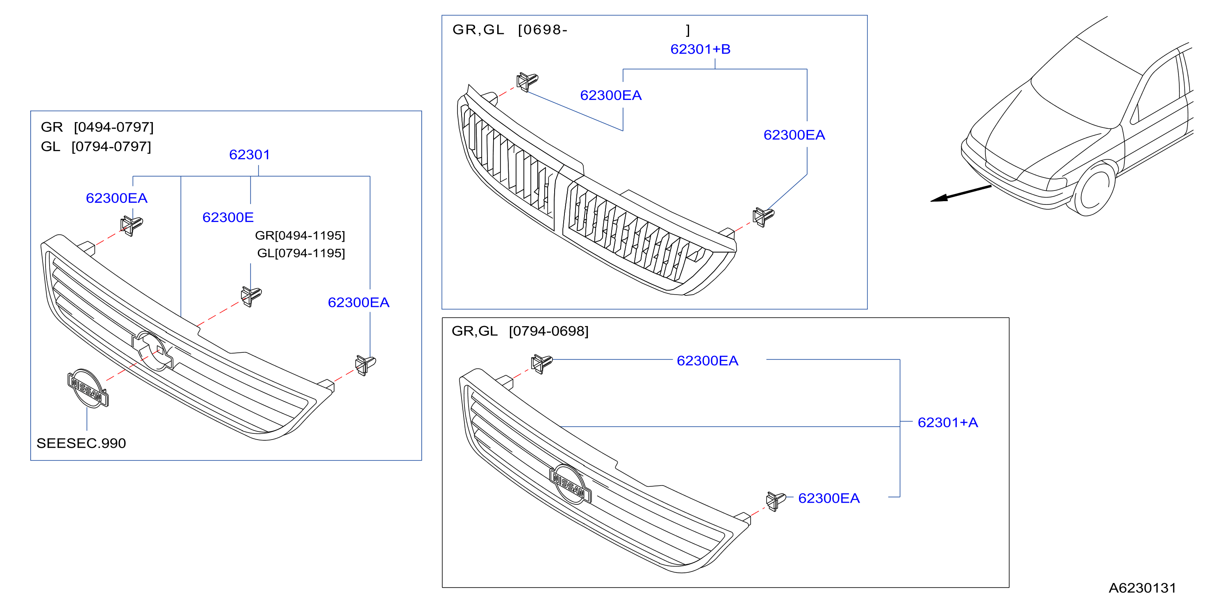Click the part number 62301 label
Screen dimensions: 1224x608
(x=250, y=154)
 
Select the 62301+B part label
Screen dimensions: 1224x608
(x=701, y=49)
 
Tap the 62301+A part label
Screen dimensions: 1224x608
(x=947, y=422)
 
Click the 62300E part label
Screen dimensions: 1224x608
(x=228, y=217)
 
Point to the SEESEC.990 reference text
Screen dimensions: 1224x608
(x=81, y=443)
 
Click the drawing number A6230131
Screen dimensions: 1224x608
(x=1142, y=588)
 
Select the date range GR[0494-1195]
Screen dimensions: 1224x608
(x=300, y=236)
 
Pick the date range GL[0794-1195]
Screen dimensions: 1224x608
(x=301, y=253)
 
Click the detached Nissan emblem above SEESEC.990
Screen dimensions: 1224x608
(x=88, y=388)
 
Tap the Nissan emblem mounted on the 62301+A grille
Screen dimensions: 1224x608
(x=570, y=484)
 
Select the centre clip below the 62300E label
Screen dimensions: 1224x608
(x=251, y=296)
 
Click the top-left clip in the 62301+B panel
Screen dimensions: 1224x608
(x=527, y=82)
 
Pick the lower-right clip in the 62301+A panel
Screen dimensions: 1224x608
(x=776, y=501)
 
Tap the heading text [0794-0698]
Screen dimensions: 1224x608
(x=548, y=331)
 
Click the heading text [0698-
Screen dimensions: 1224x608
(x=543, y=30)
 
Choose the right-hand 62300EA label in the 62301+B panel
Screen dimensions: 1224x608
(x=794, y=135)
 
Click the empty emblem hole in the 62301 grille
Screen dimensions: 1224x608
(x=153, y=351)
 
